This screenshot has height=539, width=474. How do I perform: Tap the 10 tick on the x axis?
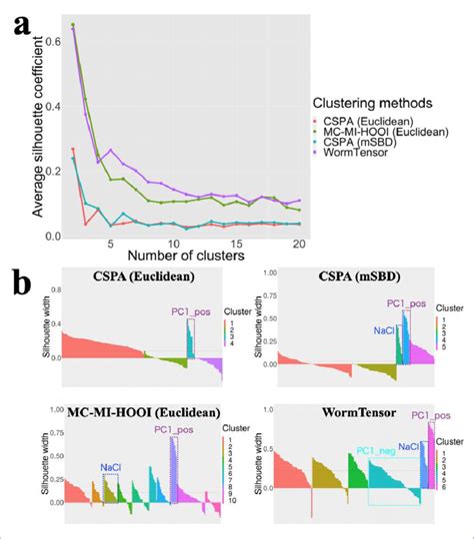point(172,246)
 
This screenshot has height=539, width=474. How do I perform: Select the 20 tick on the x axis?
point(298,246)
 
